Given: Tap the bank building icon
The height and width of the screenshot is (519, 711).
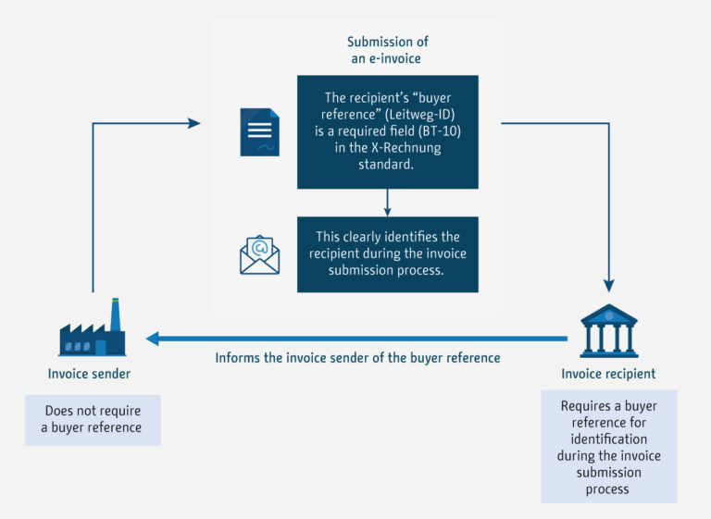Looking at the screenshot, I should (x=608, y=329).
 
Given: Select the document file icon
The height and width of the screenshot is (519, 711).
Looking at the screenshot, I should (x=259, y=131).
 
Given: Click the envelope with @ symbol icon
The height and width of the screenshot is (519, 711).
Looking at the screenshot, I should (x=259, y=254).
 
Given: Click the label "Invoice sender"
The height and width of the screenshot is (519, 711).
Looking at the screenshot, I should (x=90, y=374).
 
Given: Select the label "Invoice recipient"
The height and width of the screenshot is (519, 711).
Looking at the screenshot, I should (x=608, y=374).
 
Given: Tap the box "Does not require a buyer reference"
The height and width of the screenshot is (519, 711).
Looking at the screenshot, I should (x=93, y=419).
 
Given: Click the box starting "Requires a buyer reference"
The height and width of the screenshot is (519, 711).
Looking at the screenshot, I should (x=608, y=447).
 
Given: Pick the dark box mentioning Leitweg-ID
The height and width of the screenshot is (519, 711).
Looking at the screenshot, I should (x=387, y=131).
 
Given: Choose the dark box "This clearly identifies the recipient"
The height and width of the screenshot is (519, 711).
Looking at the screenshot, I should (x=387, y=254).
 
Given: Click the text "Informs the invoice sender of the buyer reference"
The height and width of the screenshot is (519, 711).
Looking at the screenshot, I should (x=357, y=357).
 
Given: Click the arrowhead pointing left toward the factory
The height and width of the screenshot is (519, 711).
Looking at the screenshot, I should (x=153, y=339).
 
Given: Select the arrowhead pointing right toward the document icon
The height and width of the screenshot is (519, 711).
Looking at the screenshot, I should (x=193, y=122).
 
